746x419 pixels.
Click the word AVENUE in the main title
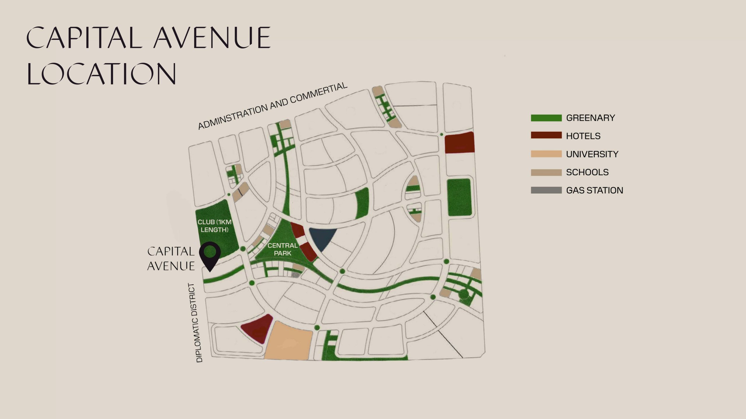click(213, 38)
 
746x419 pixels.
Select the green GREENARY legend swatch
click(546, 118)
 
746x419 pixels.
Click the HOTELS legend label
click(583, 136)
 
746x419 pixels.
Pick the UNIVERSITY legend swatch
click(546, 154)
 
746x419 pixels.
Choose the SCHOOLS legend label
click(587, 172)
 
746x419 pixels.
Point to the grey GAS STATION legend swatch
click(546, 190)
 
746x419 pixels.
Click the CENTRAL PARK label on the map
click(282, 249)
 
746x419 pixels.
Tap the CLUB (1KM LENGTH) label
click(214, 226)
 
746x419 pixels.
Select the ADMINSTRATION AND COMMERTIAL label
click(272, 106)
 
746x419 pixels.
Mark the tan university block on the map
click(288, 341)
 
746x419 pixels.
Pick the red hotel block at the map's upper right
click(460, 143)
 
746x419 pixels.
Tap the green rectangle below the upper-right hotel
click(459, 197)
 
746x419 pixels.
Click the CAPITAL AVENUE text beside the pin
click(171, 259)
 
